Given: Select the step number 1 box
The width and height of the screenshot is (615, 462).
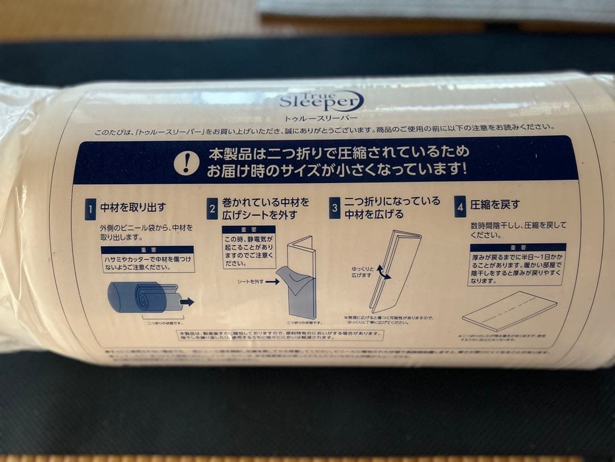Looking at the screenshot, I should click(90, 210).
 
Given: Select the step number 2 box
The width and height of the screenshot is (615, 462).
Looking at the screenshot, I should click(212, 209).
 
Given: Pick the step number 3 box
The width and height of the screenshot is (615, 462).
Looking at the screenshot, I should click(335, 208).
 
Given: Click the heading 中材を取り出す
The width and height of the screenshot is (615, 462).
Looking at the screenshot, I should click(132, 206).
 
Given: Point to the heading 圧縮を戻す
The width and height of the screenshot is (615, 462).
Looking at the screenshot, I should click(495, 204).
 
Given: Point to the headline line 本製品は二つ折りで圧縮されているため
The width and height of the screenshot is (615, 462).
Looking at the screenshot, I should click(330, 153).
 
